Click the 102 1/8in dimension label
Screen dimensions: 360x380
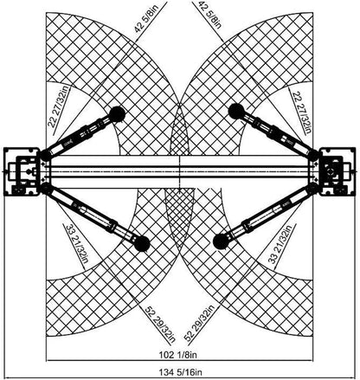178,355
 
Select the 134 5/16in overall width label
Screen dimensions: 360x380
180,372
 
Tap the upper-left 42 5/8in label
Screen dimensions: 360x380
146,17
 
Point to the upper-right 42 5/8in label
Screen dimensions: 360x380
210,15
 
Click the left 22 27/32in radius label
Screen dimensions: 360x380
59,106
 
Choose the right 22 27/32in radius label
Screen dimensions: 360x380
302,113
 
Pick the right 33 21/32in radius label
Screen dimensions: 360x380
280,243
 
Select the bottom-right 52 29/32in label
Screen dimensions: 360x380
199,323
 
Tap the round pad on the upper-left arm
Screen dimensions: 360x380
117,114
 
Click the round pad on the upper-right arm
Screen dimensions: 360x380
236,112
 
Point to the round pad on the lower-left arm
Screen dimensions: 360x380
142,243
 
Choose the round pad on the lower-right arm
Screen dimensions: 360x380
221,242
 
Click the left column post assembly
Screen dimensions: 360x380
22,171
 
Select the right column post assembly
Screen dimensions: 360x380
337,171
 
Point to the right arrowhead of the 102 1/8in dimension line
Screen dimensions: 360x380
310,360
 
